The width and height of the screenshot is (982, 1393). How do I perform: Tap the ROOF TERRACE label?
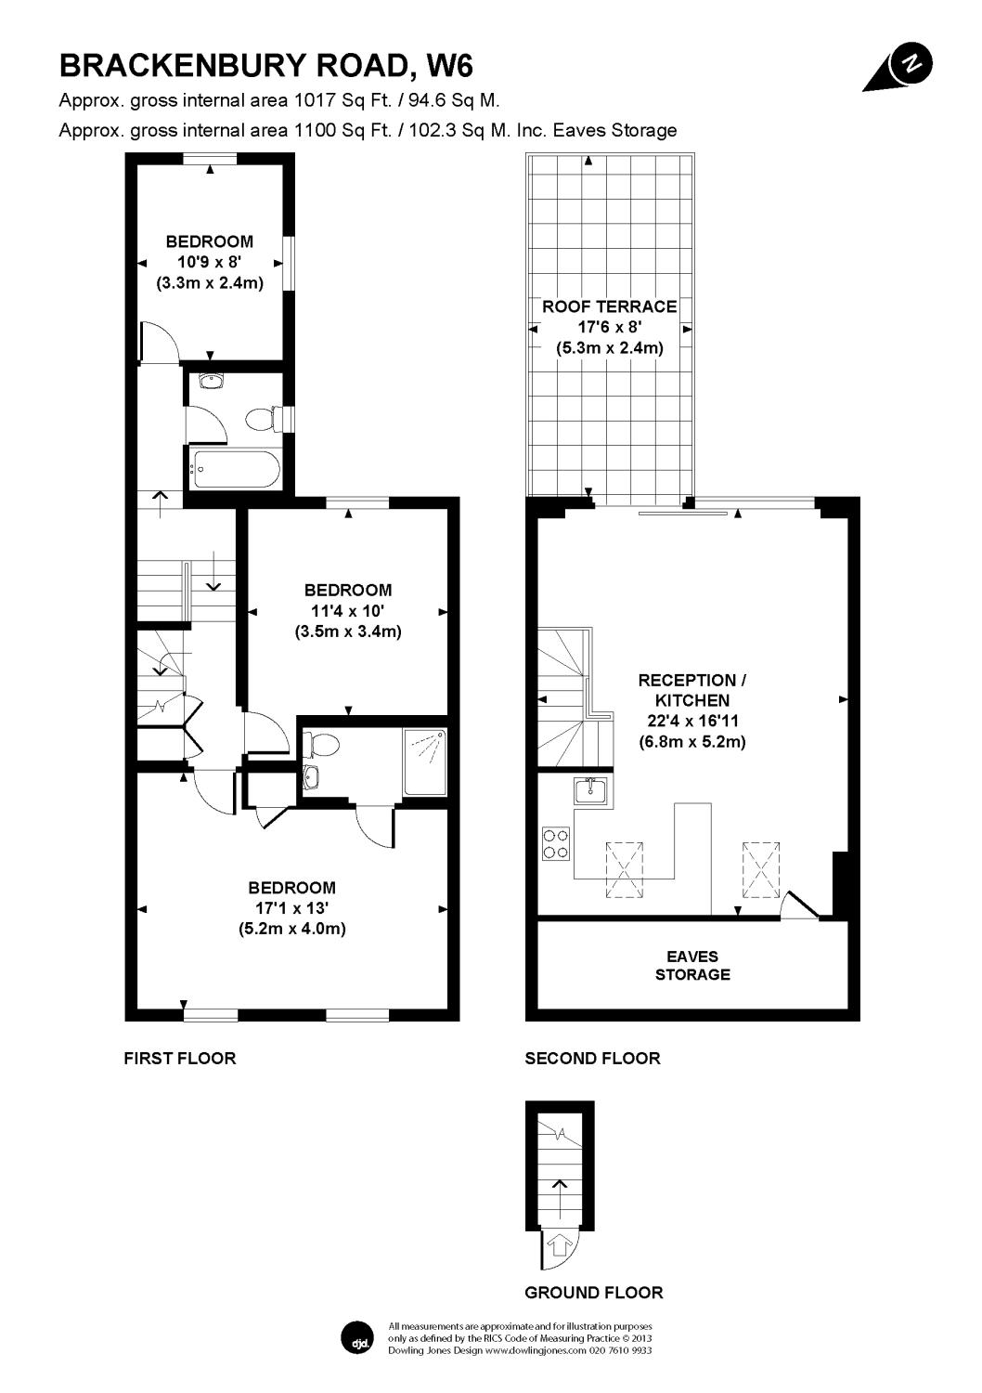pos(609,306)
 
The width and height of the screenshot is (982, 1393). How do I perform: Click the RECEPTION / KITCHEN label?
pos(692,690)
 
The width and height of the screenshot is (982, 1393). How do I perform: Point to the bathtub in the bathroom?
pos(236,470)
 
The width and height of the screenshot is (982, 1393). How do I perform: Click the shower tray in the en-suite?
pos(425,762)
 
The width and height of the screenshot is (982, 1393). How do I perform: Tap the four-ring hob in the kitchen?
pos(556,843)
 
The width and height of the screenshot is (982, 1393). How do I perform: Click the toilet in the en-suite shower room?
pos(321,743)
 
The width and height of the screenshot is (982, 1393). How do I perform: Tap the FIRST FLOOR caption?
pos(180,1059)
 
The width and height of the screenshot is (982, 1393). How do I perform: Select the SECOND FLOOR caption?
pos(592,1059)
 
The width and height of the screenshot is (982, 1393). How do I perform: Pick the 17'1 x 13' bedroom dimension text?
pos(291,908)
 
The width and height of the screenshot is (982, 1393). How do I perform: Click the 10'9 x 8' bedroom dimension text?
pos(210,262)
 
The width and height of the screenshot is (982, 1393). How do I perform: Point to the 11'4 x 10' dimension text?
pos(347,611)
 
